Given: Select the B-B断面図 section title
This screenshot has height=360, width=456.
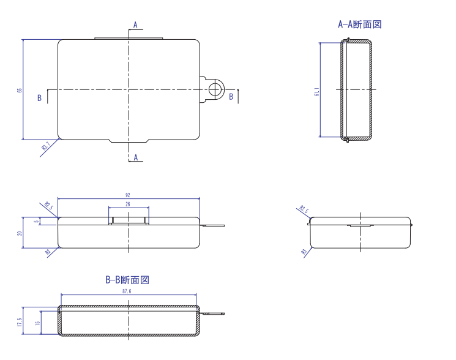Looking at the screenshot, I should pyautogui.click(x=127, y=280).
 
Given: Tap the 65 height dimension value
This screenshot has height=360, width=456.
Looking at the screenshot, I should pyautogui.click(x=20, y=90).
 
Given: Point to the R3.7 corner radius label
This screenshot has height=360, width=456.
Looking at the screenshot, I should pyautogui.click(x=45, y=147).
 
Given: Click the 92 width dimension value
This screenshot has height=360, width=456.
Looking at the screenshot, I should pyautogui.click(x=128, y=194).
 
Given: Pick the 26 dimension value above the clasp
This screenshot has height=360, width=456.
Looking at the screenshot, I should pyautogui.click(x=128, y=204).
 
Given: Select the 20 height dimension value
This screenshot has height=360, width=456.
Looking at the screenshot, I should pyautogui.click(x=20, y=233).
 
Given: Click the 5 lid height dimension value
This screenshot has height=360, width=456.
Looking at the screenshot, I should pyautogui.click(x=36, y=222).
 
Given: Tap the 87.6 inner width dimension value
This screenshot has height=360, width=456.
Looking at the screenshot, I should pyautogui.click(x=128, y=291).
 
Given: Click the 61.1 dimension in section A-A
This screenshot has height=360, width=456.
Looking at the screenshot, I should pyautogui.click(x=317, y=90).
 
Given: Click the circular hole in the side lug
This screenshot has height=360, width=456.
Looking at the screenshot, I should pyautogui.click(x=214, y=89).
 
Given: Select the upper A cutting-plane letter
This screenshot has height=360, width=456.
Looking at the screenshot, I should pyautogui.click(x=136, y=24).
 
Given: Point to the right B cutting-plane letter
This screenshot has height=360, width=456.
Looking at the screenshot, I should pyautogui.click(x=231, y=97).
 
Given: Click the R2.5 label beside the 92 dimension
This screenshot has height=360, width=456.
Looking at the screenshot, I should pyautogui.click(x=48, y=206).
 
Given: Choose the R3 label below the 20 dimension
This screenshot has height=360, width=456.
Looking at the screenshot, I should pyautogui.click(x=47, y=251).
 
